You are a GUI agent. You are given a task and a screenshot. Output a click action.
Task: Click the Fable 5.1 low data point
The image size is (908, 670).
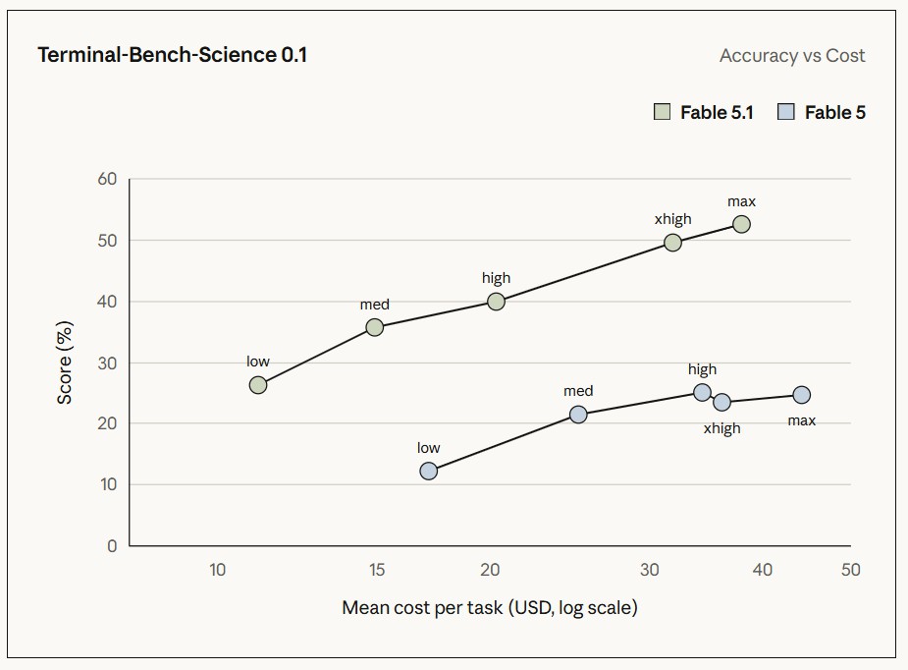(x=258, y=385)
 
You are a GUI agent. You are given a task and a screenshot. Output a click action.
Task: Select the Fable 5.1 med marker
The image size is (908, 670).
(x=375, y=327)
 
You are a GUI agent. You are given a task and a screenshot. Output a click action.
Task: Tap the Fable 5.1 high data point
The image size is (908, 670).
(x=496, y=302)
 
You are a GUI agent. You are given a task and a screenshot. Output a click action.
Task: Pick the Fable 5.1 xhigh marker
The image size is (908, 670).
(x=672, y=243)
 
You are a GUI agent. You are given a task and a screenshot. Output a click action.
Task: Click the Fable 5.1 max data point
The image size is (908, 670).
(x=741, y=224)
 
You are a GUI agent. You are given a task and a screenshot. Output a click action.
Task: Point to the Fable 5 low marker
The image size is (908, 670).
(x=428, y=471)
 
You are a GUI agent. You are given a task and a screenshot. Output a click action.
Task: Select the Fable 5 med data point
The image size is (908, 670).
(x=578, y=415)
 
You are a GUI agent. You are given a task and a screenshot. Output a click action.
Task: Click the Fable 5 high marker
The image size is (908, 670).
(x=702, y=392)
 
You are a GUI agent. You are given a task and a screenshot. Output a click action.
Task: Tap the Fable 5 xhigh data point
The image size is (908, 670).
(x=721, y=402)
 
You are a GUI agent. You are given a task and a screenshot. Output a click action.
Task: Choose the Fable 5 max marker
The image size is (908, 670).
(x=801, y=395)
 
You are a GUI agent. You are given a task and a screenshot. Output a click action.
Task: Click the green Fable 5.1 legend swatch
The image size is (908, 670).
(x=662, y=112)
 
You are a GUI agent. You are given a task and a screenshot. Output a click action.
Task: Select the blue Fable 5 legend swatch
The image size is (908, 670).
(x=786, y=112)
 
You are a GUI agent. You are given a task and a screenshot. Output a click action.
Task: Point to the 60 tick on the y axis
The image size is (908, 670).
(x=107, y=179)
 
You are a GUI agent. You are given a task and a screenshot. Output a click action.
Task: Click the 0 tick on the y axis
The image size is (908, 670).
(x=112, y=546)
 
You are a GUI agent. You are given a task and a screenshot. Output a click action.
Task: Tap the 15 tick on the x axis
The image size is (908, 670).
(x=377, y=570)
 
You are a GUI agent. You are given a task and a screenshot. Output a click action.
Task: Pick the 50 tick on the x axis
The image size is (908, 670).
(x=851, y=570)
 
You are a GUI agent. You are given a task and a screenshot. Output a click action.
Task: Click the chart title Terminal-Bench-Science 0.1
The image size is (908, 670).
(x=173, y=55)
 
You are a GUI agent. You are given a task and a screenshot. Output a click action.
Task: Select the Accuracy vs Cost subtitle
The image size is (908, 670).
(x=792, y=56)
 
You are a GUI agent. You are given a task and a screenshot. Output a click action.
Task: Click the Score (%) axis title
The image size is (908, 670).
(x=64, y=363)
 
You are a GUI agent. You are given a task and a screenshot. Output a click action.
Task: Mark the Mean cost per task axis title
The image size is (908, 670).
(x=489, y=607)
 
